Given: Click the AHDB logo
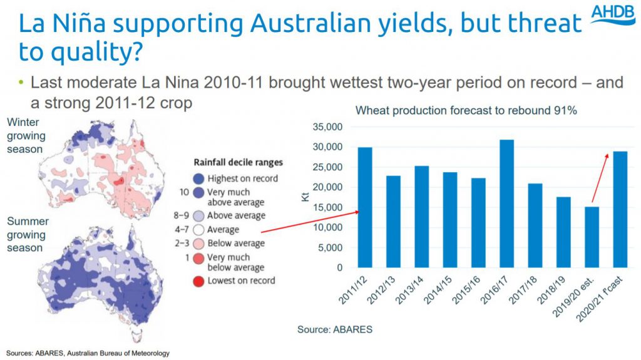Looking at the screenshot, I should coord(613,14).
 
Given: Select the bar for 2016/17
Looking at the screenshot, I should coord(507,203).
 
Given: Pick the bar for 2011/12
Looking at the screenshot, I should coord(365,207).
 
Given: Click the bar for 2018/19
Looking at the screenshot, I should coord(564,232).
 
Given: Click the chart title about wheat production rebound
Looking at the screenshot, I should coord(466,111).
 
